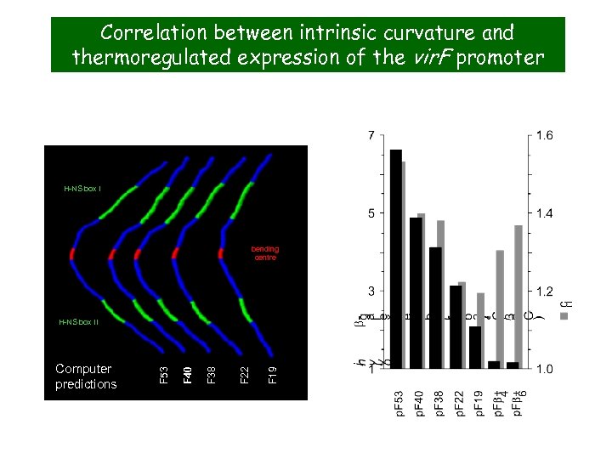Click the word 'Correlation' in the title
(151, 33)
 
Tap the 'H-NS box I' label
(82, 188)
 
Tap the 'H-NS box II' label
(78, 322)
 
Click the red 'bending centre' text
(264, 253)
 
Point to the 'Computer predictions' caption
(86, 377)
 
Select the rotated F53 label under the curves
(166, 372)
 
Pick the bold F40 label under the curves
(189, 372)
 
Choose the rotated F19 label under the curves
(271, 372)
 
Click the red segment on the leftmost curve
(73, 253)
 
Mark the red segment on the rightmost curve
(220, 252)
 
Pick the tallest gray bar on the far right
(518, 297)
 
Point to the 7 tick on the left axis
(370, 135)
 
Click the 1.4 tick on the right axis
(545, 213)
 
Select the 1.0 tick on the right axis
(545, 369)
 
